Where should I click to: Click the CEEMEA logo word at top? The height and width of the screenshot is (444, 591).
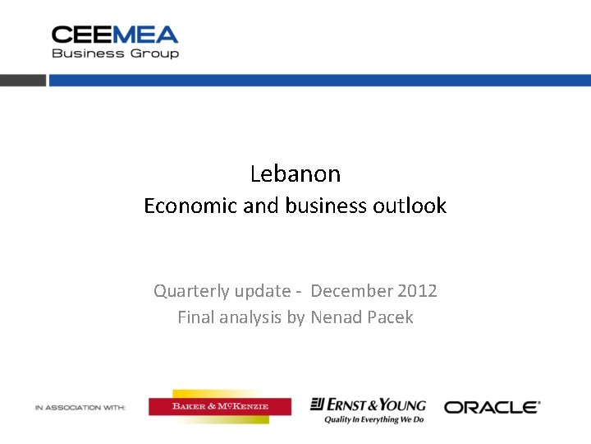point(115,35)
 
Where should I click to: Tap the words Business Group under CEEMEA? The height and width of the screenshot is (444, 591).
point(115,53)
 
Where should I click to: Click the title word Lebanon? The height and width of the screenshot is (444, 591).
point(295,173)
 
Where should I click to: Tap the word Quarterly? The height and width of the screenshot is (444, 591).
point(199,291)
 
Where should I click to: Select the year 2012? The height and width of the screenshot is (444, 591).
point(417,291)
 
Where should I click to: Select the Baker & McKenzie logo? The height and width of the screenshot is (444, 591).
point(219,406)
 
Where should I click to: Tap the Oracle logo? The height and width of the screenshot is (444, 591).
point(492,407)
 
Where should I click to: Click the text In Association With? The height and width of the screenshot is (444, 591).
point(80,408)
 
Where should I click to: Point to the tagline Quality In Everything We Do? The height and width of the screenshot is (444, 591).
point(373,419)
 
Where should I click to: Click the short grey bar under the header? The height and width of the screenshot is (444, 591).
point(22,81)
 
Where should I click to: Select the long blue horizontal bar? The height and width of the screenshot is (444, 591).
point(319,81)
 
